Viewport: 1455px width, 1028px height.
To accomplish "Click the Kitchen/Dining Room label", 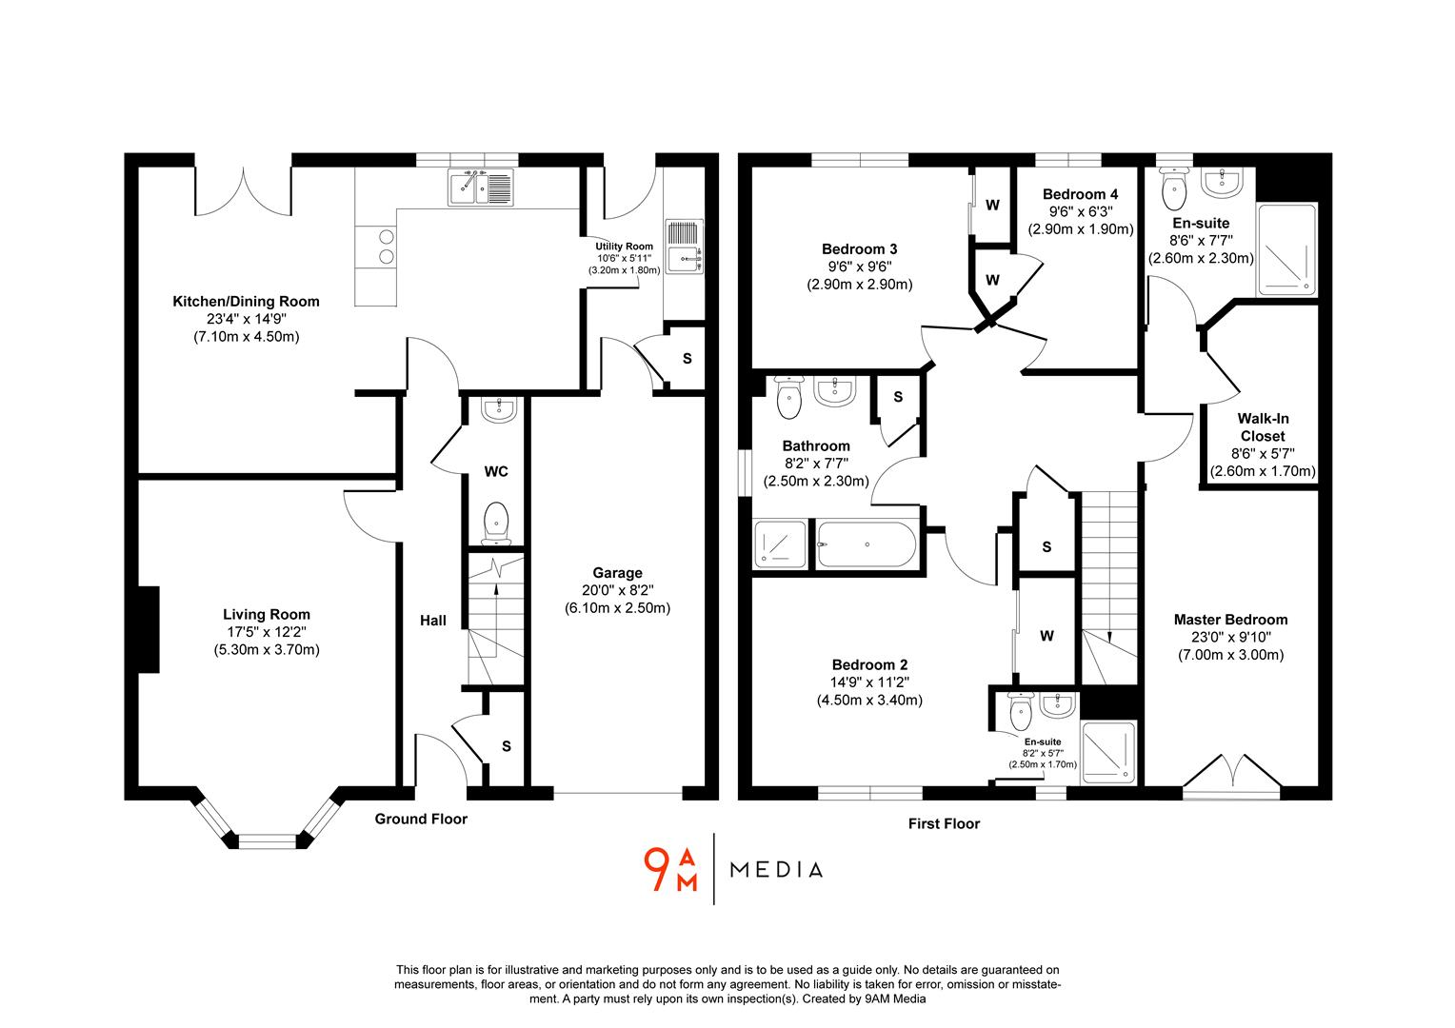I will tap(246, 302).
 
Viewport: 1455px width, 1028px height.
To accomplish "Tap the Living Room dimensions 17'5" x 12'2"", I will tap(267, 632).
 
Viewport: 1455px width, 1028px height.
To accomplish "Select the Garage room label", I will tap(617, 573).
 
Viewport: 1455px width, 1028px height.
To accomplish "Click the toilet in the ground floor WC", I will tap(495, 523).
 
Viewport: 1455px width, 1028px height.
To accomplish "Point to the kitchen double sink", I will tap(480, 188).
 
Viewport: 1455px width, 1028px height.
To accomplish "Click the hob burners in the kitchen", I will tap(387, 247).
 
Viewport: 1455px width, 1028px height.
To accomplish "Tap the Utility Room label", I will tap(624, 247).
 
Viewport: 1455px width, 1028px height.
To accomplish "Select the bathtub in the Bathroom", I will tap(867, 545).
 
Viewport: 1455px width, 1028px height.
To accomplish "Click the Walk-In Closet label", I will tap(1263, 427).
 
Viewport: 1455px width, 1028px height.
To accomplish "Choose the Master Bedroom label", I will tap(1230, 620).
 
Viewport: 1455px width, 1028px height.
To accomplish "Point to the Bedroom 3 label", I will tap(859, 249).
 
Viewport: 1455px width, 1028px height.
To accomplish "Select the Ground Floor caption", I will tap(421, 819).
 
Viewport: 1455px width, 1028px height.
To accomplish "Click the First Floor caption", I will tap(943, 823).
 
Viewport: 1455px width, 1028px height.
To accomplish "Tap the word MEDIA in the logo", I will tap(775, 869).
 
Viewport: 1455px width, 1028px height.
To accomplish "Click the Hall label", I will tap(432, 621).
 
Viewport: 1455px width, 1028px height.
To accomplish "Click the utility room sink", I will tap(684, 257).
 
